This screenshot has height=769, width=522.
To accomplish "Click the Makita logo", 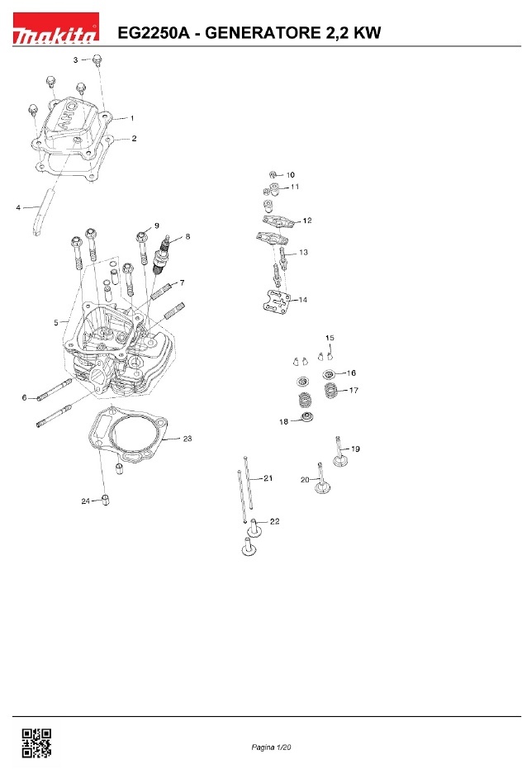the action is pos(55,28).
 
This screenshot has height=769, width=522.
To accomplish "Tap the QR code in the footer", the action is pos(36,743).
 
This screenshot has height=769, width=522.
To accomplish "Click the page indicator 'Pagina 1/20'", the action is pos(271,748).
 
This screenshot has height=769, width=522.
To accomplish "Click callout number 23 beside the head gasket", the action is pos(187,439).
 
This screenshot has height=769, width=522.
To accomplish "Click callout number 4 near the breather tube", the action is pos(18,207).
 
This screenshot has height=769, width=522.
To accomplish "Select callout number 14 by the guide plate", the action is pos(302,300).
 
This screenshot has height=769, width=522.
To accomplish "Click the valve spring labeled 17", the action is pos(331,391).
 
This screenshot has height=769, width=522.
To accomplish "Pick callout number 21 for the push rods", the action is pos(268,478).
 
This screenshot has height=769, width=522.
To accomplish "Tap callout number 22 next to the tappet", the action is pos(275,521).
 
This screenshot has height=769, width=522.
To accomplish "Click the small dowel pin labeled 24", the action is pos(106,501).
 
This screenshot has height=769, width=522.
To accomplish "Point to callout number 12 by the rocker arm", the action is pos(307,221).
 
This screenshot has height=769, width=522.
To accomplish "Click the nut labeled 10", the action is pos(273,174).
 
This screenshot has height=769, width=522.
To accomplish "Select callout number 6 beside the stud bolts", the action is pos(24,397).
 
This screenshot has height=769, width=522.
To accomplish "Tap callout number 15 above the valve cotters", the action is pos(330,338).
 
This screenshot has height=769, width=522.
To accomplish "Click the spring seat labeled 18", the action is pos(307,418).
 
